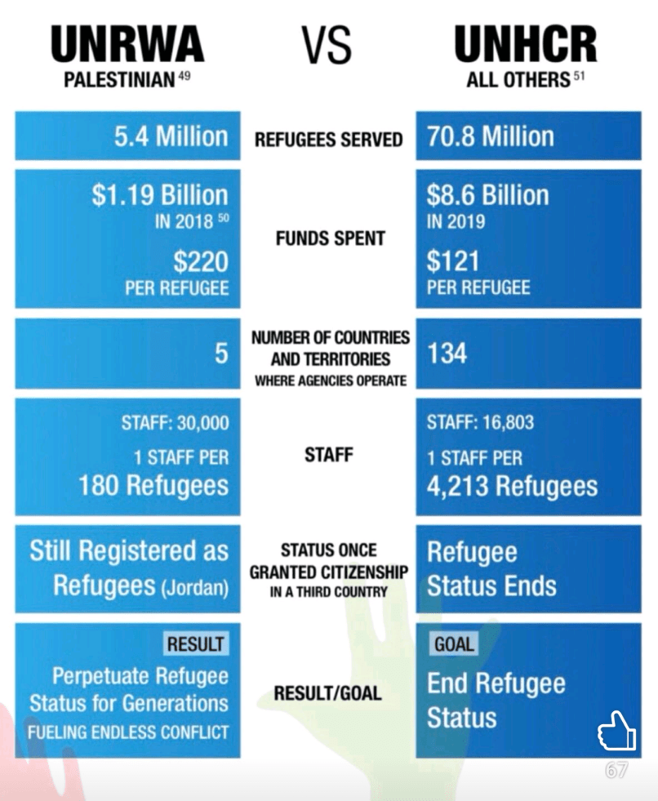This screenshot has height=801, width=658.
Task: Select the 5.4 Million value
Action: [x=171, y=136]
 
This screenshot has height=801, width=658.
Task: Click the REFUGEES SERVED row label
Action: [x=328, y=140]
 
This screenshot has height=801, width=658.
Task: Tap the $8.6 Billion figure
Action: [x=488, y=195]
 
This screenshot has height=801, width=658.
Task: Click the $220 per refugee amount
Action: [x=201, y=263]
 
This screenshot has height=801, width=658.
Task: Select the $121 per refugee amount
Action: [x=455, y=263]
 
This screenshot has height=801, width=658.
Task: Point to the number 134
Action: [x=447, y=354]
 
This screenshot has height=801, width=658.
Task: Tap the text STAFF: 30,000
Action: [x=176, y=423]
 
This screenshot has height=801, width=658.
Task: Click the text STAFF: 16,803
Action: [x=480, y=423]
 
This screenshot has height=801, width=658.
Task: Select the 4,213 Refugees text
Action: [x=512, y=487]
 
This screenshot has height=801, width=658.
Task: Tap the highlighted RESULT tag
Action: [x=195, y=643]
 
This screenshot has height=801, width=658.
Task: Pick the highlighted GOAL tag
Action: [x=454, y=643]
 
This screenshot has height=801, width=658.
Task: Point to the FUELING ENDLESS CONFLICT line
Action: [x=128, y=732]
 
